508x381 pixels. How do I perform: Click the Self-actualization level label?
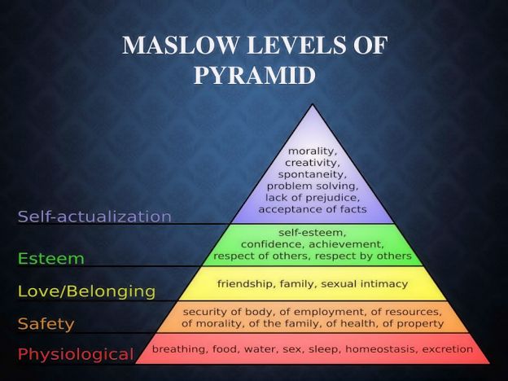(94, 217)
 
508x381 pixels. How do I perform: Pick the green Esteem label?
(51, 259)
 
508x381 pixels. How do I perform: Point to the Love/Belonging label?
(86, 291)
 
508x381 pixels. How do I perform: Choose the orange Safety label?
(46, 323)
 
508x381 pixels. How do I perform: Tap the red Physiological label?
(76, 354)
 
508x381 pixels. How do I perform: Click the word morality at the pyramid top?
(312, 151)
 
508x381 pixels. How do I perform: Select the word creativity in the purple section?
(312, 162)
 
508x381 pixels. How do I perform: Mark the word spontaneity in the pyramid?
(312, 174)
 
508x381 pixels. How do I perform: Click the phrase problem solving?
(312, 186)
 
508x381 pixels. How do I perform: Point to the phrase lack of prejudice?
(312, 197)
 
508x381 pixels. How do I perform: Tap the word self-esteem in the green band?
(312, 232)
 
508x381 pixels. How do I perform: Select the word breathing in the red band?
(177, 348)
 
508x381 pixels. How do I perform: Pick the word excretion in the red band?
(446, 348)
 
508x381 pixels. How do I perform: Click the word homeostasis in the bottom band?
(380, 348)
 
